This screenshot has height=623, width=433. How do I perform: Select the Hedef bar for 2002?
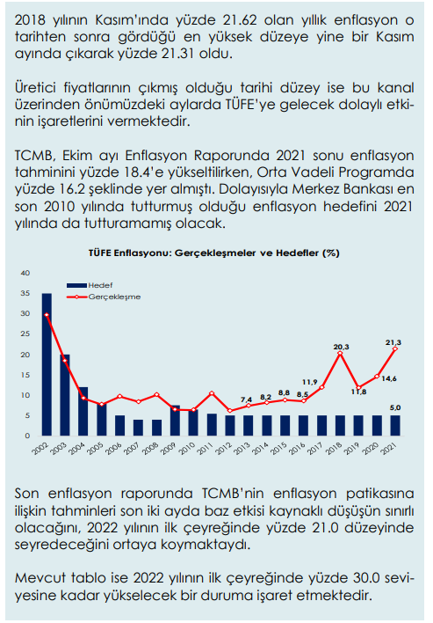[47, 364]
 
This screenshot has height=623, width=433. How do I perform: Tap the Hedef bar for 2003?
[65, 395]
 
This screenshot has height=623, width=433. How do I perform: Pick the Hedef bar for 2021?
[395, 426]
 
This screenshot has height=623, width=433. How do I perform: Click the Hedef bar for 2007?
[139, 428]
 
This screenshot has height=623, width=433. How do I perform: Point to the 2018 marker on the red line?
[340, 353]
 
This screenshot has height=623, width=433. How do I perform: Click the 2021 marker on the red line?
[395, 348]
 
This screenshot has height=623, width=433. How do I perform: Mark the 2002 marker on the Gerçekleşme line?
[47, 315]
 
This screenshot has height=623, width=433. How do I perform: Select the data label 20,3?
[341, 347]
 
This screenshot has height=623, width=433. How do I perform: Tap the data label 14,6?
[389, 378]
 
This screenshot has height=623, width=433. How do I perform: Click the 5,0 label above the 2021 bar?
[395, 407]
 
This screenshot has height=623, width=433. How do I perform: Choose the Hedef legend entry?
[90, 285]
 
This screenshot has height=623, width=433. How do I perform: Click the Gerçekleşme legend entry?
[104, 297]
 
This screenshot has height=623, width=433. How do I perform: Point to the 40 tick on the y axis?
[25, 273]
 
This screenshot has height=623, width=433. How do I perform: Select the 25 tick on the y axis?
[25, 334]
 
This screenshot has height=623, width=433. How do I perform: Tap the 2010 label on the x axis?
[186, 448]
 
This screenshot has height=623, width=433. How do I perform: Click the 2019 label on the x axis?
[351, 448]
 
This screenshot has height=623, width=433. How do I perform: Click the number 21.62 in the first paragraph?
[237, 20]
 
